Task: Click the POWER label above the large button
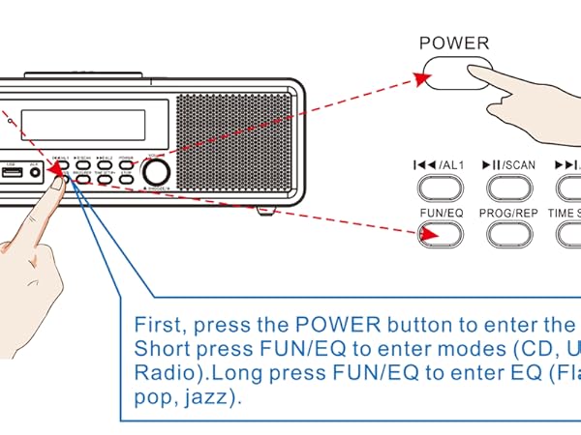click(x=455, y=43)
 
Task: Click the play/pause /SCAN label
click(x=513, y=165)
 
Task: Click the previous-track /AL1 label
click(x=440, y=165)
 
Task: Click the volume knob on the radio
click(x=154, y=172)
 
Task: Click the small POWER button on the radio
click(x=127, y=163)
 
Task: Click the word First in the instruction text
click(x=156, y=325)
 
